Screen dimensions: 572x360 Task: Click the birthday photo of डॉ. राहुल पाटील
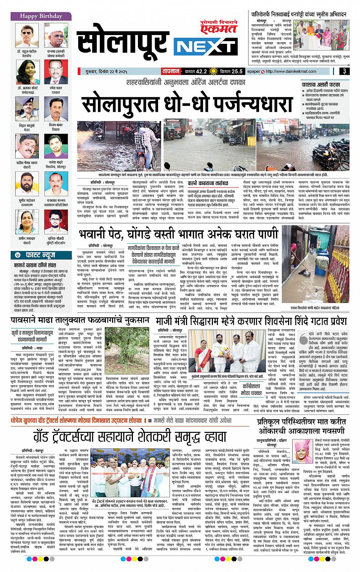point(26,35)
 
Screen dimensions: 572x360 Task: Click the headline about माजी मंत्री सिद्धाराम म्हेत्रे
point(250,319)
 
